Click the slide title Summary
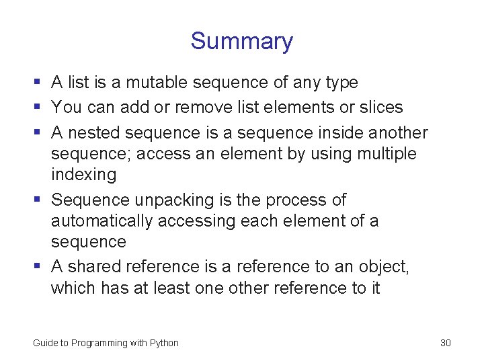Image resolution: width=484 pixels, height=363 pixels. coord(241,41)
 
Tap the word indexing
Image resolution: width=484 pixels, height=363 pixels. coord(83,175)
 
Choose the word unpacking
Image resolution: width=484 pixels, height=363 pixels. coord(168,200)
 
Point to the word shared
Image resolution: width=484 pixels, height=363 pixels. coord(94,267)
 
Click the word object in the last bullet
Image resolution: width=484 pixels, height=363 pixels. coord(382,267)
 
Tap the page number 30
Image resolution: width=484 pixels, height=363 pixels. coord(445,343)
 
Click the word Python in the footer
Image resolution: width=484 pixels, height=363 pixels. coord(164,343)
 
